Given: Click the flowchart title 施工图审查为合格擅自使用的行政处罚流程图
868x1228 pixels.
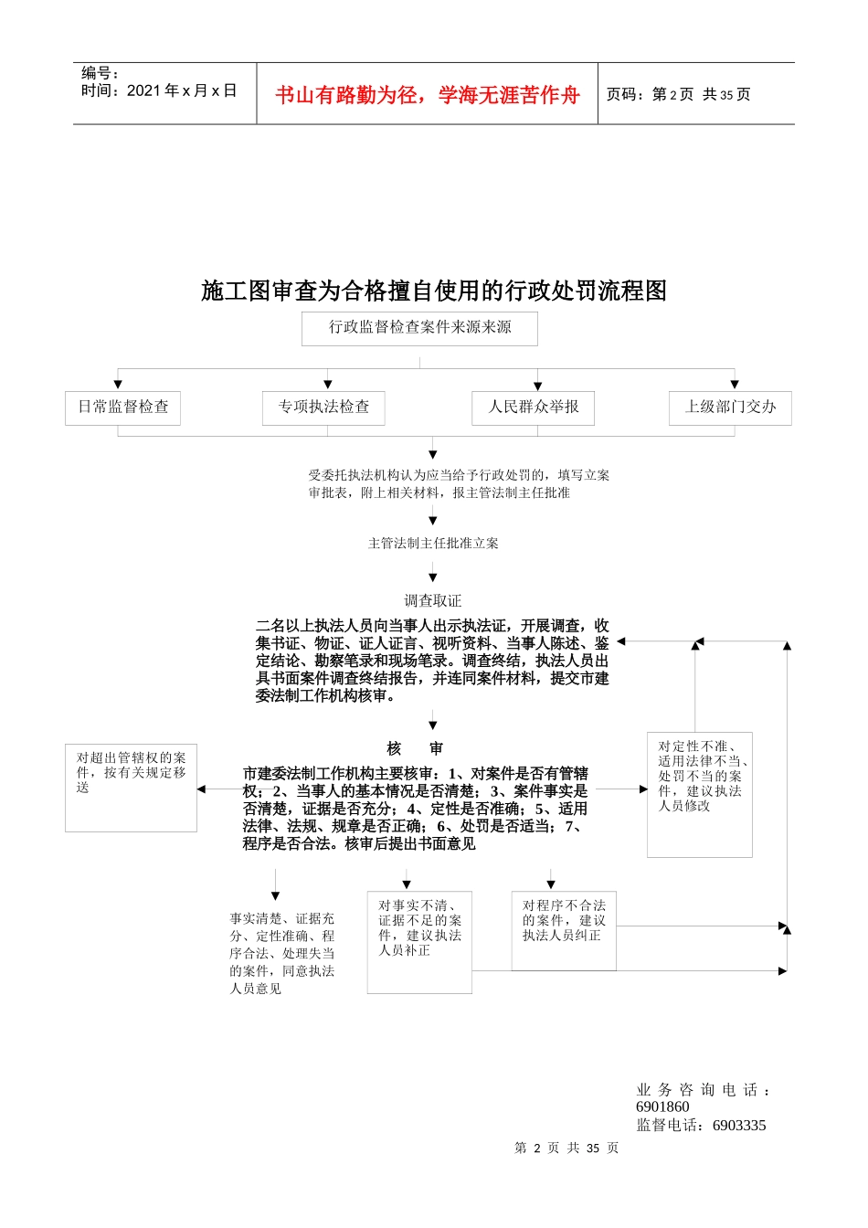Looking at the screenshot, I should point(434,291).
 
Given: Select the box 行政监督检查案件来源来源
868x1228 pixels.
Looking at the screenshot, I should point(419,328).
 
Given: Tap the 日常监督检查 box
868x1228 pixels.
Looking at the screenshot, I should point(122,408).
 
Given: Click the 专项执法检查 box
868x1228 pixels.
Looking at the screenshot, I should point(323,408).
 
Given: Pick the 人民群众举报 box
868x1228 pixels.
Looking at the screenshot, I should point(534,408).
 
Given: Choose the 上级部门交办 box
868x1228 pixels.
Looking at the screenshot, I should point(730,408).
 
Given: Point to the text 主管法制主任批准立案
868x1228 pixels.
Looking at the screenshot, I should point(433,544).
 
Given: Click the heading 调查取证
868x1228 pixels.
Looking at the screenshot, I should point(433,600).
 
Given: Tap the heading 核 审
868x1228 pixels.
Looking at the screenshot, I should point(415,748).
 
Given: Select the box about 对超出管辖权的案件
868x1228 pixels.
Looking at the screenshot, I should point(131,787).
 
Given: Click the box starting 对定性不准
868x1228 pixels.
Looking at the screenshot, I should point(699,793).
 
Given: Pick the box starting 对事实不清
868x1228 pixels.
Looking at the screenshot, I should point(419,941).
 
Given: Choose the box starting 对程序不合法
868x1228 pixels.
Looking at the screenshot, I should point(564,929).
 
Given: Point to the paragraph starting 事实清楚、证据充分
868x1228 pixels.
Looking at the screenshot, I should point(281,953).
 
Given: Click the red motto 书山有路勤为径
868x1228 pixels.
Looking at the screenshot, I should point(428,95).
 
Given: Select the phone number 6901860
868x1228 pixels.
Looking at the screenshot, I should point(662,1106).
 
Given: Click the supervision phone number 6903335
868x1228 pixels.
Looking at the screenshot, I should point(739,1125).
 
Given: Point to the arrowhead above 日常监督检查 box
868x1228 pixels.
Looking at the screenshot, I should point(118,385).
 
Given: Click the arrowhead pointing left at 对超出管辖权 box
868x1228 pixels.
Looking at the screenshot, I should point(202,789).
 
